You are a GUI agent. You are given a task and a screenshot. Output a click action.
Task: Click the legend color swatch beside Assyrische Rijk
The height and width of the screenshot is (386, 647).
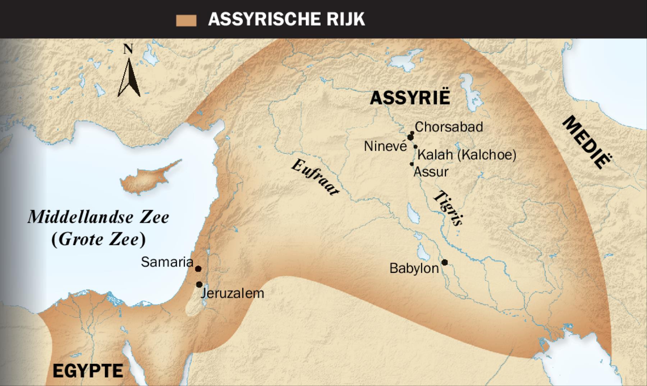pos(186,21)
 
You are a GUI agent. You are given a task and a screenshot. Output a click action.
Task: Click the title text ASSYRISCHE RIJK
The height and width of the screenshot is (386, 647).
pos(286,19)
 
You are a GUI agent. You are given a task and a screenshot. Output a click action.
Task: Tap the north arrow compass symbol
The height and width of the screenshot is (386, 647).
pos(129,74)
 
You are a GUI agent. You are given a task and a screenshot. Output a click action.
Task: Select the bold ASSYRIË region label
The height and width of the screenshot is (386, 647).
pos(410,98)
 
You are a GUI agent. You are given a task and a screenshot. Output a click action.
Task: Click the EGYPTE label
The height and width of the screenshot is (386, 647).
pos(88,371)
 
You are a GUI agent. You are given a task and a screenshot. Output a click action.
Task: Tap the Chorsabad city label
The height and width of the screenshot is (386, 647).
pos(449,127)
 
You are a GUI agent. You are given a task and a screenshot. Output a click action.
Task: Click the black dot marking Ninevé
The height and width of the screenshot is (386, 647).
pos(410,137)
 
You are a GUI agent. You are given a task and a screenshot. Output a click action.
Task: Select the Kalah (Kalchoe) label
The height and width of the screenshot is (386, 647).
pos(467,155)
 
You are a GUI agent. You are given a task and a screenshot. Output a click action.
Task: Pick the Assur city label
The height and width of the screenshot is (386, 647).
pos(431,172)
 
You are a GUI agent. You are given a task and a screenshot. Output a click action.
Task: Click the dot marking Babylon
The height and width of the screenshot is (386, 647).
pos(445,262)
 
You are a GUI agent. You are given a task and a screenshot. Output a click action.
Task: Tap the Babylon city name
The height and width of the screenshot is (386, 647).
pos(414,268)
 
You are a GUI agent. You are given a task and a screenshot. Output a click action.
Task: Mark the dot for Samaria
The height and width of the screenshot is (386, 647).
pos(198,269)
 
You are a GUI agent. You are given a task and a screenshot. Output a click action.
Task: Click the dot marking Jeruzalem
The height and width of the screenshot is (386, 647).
pos(199,285)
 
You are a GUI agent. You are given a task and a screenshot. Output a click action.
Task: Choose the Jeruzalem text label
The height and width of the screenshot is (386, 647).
pos(233,293)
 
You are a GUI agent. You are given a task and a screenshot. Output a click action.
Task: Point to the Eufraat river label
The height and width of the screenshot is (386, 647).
pos(315,177)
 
